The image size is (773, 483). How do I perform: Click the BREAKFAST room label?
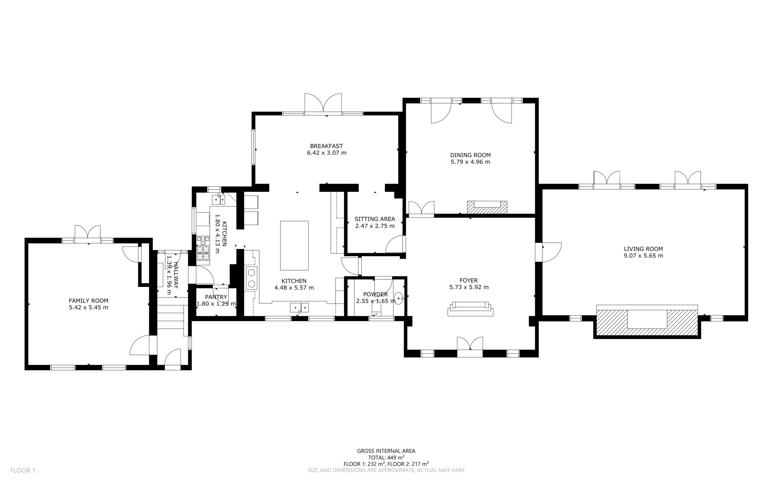[326, 146]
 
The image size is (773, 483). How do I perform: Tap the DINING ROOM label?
[470, 155]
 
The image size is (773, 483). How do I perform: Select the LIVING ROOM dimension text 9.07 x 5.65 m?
[643, 256]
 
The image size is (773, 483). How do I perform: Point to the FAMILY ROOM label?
[88, 301]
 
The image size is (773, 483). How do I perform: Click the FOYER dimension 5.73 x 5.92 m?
[469, 287]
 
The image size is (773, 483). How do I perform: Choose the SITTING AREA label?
[374, 219]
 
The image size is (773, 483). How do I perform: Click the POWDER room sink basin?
[399, 299]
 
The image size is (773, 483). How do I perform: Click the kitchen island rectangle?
[294, 245]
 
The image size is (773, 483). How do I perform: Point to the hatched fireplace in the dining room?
[487, 207]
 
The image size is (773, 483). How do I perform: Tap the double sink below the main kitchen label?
[299, 307]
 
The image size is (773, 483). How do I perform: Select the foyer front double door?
[470, 346]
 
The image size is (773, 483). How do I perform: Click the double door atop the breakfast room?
[323, 103]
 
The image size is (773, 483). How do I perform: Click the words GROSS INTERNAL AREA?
[386, 451]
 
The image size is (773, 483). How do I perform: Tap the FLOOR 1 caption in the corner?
[23, 470]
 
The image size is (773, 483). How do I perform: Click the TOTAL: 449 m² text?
[386, 457]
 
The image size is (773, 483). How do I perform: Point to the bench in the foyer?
[470, 309]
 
